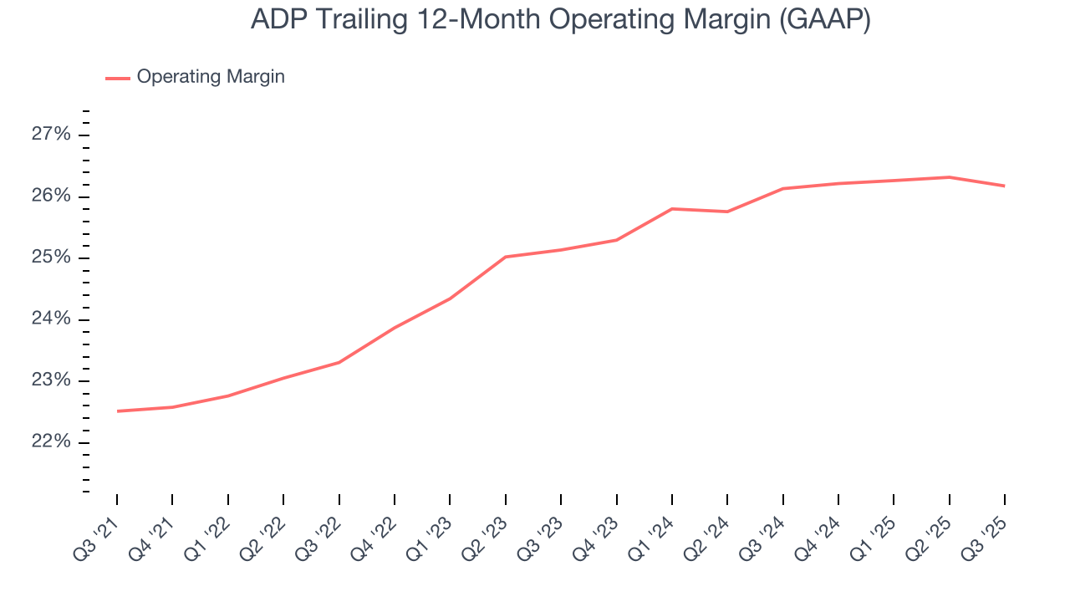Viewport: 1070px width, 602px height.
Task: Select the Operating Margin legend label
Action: pos(211,77)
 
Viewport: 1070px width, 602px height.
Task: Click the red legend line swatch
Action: pos(117,78)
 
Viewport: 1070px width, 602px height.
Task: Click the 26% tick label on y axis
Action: pos(52,196)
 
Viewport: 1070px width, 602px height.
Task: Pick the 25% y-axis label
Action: pos(52,258)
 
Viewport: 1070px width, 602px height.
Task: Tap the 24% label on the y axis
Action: pos(52,319)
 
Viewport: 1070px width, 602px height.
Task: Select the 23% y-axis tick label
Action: pos(52,381)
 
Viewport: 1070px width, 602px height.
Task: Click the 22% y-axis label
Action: pos(52,442)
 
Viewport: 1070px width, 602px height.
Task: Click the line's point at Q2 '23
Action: pos(505,257)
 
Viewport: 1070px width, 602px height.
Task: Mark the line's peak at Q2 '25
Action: pos(949,177)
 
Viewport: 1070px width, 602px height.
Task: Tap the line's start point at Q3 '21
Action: pos(117,411)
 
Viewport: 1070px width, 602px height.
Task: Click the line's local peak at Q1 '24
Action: pos(672,209)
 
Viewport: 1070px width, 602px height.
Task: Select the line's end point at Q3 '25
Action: pos(1004,186)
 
